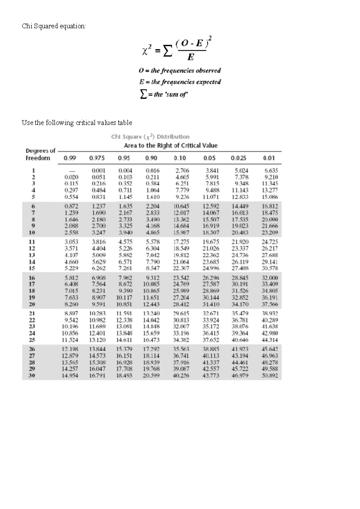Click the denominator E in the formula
[190, 57]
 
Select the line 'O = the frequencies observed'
[180, 71]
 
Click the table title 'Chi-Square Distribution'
[150, 137]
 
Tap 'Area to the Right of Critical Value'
[171, 146]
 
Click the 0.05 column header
[209, 158]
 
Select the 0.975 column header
[97, 158]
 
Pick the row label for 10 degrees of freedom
[32, 233]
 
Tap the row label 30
[32, 375]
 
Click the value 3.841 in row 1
[212, 170]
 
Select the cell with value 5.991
[212, 177]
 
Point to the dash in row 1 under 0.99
[72, 171]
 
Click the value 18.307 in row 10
[211, 233]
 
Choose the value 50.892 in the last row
[270, 375]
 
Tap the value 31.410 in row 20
[211, 304]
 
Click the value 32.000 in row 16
[270, 278]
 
